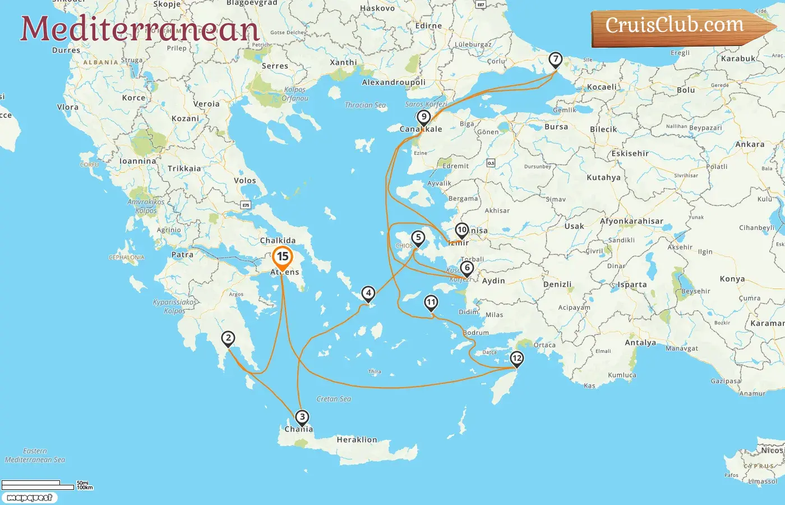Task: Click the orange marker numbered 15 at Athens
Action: click(x=283, y=258)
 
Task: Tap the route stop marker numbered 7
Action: click(x=555, y=59)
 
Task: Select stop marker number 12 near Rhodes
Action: click(x=516, y=358)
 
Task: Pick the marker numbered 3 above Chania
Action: click(x=302, y=417)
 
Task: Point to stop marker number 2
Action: click(x=228, y=338)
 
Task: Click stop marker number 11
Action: click(x=431, y=303)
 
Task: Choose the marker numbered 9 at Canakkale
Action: click(x=424, y=117)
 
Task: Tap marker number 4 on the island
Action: click(x=368, y=293)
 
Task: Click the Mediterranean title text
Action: click(x=140, y=29)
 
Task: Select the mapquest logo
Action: click(x=29, y=498)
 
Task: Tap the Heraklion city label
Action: click(x=357, y=440)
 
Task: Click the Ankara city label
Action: click(x=750, y=144)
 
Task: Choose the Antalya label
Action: click(x=640, y=343)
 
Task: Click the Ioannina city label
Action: click(x=138, y=161)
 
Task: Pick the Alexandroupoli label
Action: click(x=394, y=82)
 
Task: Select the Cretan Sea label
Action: click(x=334, y=399)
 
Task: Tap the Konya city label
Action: click(x=732, y=279)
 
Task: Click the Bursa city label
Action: click(x=556, y=127)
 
